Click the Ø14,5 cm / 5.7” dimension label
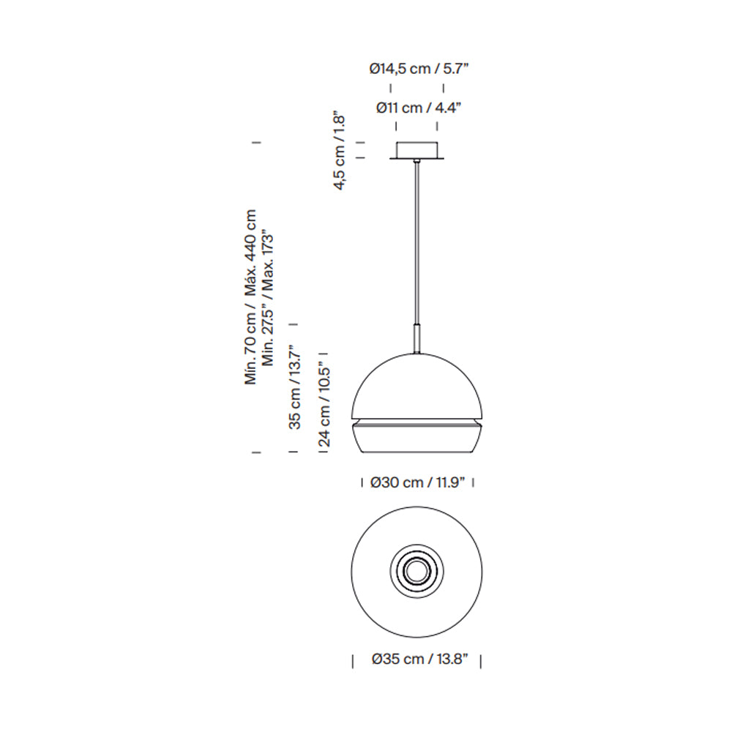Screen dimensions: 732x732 pos(418,69)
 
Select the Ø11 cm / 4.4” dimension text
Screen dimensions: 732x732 pos(418,108)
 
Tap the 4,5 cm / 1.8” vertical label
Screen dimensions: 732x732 pos(339,150)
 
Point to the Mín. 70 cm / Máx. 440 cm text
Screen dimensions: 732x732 pos(250,297)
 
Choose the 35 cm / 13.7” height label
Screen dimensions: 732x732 pos(295,387)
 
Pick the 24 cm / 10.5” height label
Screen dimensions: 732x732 pos(324,404)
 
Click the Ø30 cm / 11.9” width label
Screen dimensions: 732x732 pos(417,482)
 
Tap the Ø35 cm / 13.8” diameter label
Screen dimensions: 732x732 pos(419,660)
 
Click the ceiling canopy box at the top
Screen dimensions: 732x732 pos(417,150)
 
